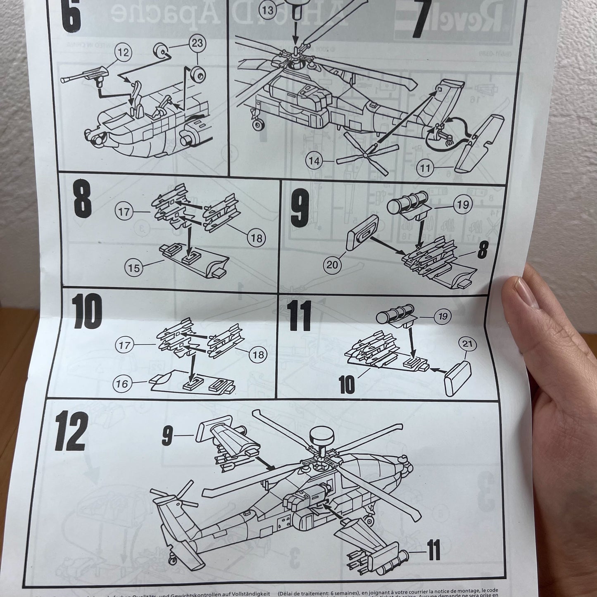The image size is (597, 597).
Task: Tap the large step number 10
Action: click(x=86, y=312)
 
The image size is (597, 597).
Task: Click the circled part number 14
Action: click(x=315, y=161)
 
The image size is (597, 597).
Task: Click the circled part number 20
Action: click(x=333, y=265)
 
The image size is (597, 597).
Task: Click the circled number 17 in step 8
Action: click(x=124, y=212)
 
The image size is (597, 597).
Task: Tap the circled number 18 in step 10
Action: click(x=259, y=354)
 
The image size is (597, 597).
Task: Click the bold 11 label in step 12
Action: click(x=431, y=552)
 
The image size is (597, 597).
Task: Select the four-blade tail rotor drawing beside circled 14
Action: click(x=366, y=155)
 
